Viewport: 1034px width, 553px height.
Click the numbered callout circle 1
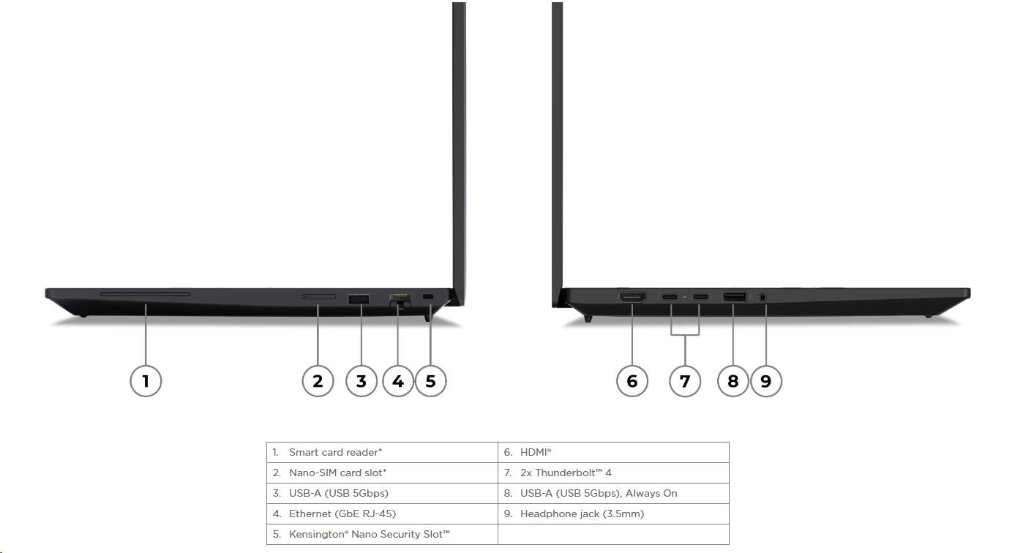pos(146,381)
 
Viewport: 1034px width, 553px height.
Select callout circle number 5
pos(431,381)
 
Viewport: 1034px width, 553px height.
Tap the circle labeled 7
pos(685,381)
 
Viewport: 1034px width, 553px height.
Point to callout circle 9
pos(766,381)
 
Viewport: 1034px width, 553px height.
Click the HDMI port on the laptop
pos(632,297)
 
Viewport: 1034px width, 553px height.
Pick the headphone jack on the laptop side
pos(763,298)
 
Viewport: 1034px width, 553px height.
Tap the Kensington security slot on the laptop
pos(428,296)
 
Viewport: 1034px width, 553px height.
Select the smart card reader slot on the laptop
pos(145,294)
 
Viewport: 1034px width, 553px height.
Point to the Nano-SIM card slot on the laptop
pos(318,296)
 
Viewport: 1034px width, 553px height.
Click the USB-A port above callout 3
pos(359,298)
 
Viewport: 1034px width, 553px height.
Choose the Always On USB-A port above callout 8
pos(734,297)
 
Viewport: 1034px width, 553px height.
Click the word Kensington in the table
pos(318,534)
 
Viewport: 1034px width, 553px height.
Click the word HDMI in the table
pos(534,452)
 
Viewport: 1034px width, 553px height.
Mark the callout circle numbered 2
pos(318,381)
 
